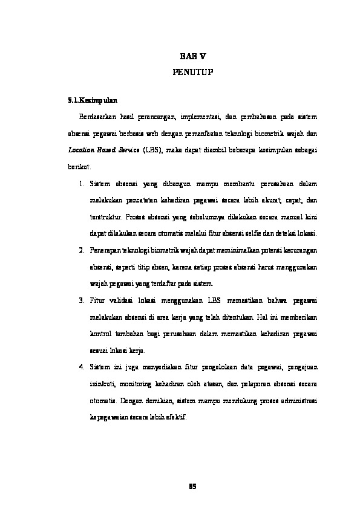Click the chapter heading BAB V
point(193,56)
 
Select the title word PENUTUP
point(193,72)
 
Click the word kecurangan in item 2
point(301,250)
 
